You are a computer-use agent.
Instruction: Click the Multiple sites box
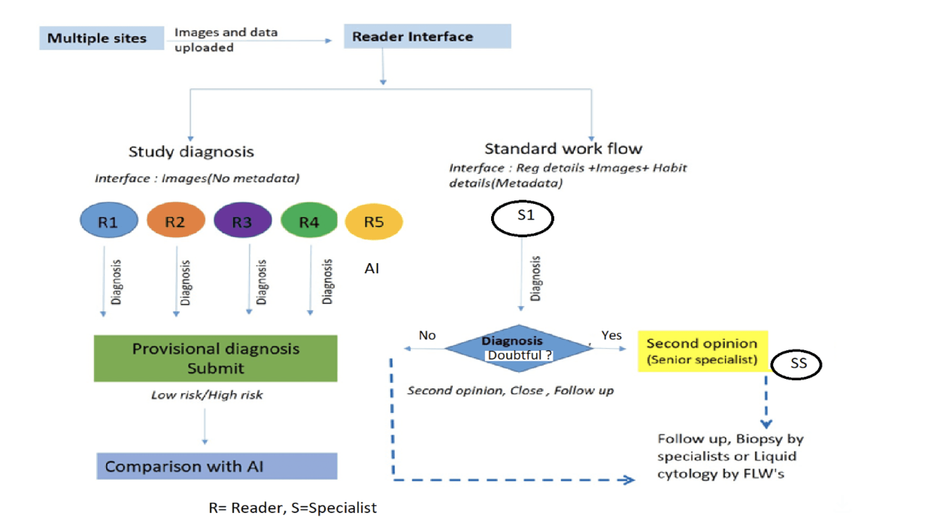[x=101, y=38]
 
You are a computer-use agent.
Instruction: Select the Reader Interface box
[x=427, y=36]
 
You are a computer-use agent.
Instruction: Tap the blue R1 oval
[x=109, y=220]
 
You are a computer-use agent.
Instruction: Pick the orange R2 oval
[x=176, y=220]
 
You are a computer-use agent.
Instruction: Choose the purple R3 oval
[x=243, y=220]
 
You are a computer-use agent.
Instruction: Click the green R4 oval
[x=309, y=220]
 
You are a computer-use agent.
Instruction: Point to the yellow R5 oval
[x=374, y=222]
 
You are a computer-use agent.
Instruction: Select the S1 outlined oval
[x=522, y=218]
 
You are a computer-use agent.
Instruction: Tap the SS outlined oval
[x=796, y=364]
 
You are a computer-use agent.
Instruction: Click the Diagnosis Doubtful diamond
[x=519, y=348]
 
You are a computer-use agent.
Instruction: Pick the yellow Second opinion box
[x=703, y=351]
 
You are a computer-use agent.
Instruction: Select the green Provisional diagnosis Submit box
[x=216, y=358]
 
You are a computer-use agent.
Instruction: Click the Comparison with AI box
[x=217, y=466]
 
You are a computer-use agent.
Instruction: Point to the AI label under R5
[x=372, y=268]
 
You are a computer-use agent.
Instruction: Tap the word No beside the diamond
[x=427, y=335]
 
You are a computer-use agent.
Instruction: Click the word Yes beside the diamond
[x=611, y=335]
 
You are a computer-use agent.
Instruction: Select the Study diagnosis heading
[x=191, y=152]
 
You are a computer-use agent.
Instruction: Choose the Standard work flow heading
[x=563, y=149]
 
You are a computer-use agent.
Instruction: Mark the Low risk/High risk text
[x=207, y=395]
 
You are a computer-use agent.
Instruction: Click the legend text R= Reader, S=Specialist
[x=292, y=507]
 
